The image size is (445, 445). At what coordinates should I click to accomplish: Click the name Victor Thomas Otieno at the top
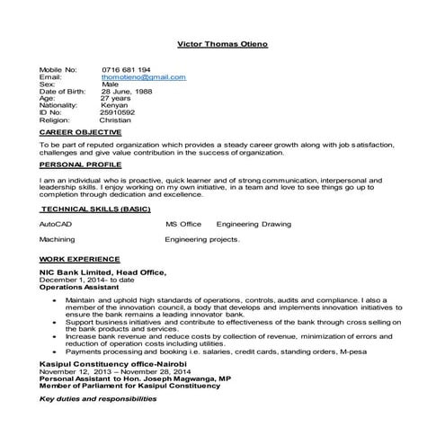pos(223,44)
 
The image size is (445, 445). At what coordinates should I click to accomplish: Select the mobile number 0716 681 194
pos(126,69)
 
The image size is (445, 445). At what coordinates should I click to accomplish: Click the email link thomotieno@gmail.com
pos(144,77)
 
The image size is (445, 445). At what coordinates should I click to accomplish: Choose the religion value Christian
pos(114,118)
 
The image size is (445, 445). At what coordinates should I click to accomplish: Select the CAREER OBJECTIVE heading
pos(78,131)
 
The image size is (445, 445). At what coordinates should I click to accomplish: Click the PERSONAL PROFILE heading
pos(77,166)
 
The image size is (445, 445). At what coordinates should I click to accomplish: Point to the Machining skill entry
pos(57,240)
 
